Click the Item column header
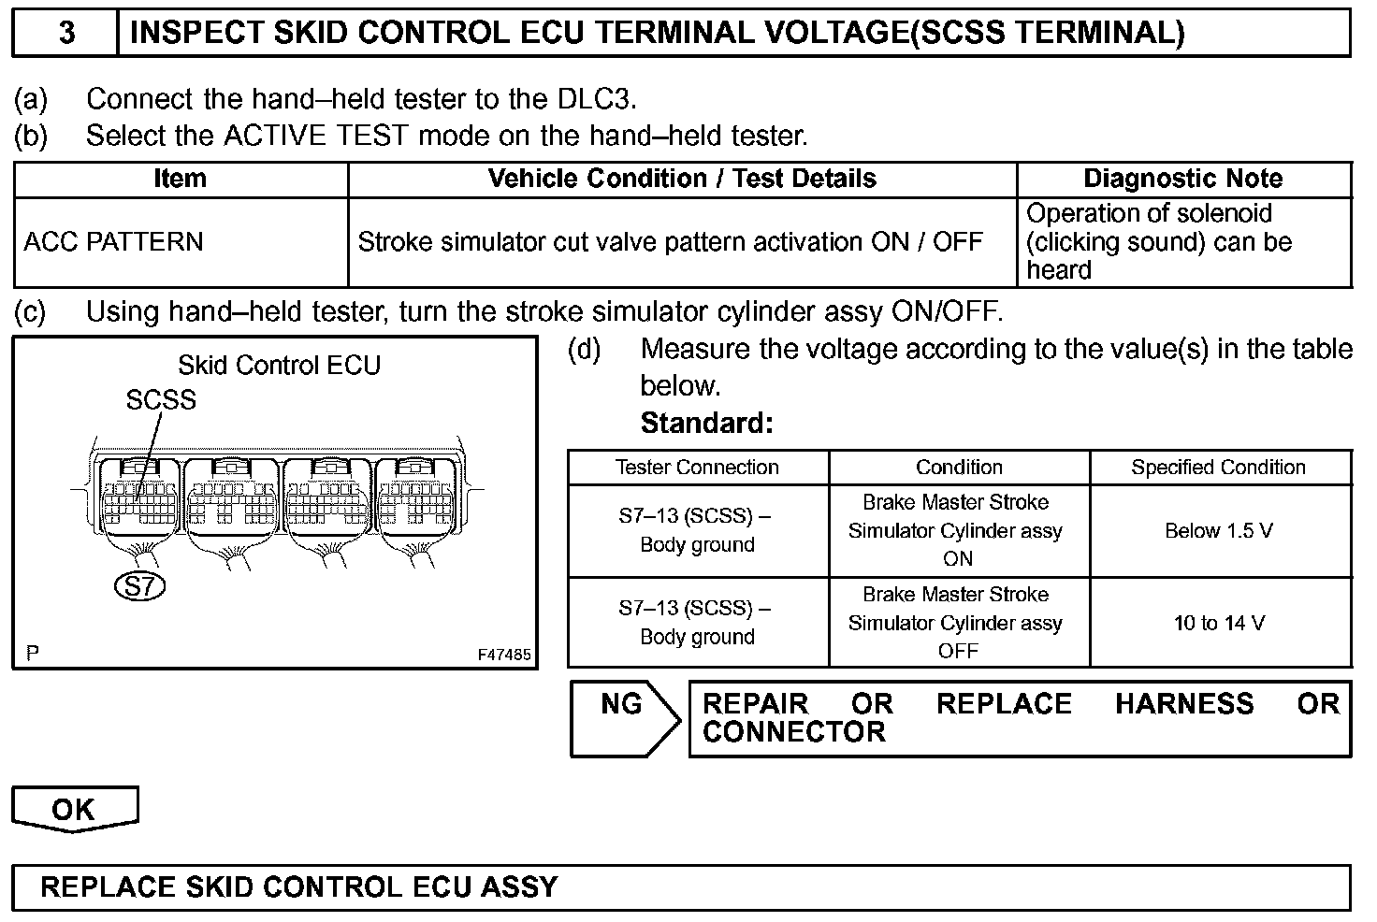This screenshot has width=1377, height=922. tap(180, 179)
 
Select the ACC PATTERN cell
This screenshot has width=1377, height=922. tap(113, 242)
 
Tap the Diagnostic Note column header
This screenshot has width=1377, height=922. tap(1182, 179)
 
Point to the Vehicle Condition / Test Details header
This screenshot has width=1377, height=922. tap(682, 179)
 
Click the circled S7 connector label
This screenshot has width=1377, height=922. tap(139, 586)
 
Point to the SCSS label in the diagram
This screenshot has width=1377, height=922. tap(161, 400)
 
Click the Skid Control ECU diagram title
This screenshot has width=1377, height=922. tap(279, 365)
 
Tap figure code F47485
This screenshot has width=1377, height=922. tap(504, 655)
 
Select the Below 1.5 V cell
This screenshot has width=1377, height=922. tap(1218, 531)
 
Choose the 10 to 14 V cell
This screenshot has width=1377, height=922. tap(1218, 623)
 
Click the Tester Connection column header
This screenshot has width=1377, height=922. tap(697, 468)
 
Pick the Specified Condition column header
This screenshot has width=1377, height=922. tap(1218, 468)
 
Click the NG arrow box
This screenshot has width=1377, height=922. tap(623, 718)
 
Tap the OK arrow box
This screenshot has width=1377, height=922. tap(74, 809)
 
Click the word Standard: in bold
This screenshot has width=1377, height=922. tap(706, 424)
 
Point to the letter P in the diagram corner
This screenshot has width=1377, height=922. tap(33, 654)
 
